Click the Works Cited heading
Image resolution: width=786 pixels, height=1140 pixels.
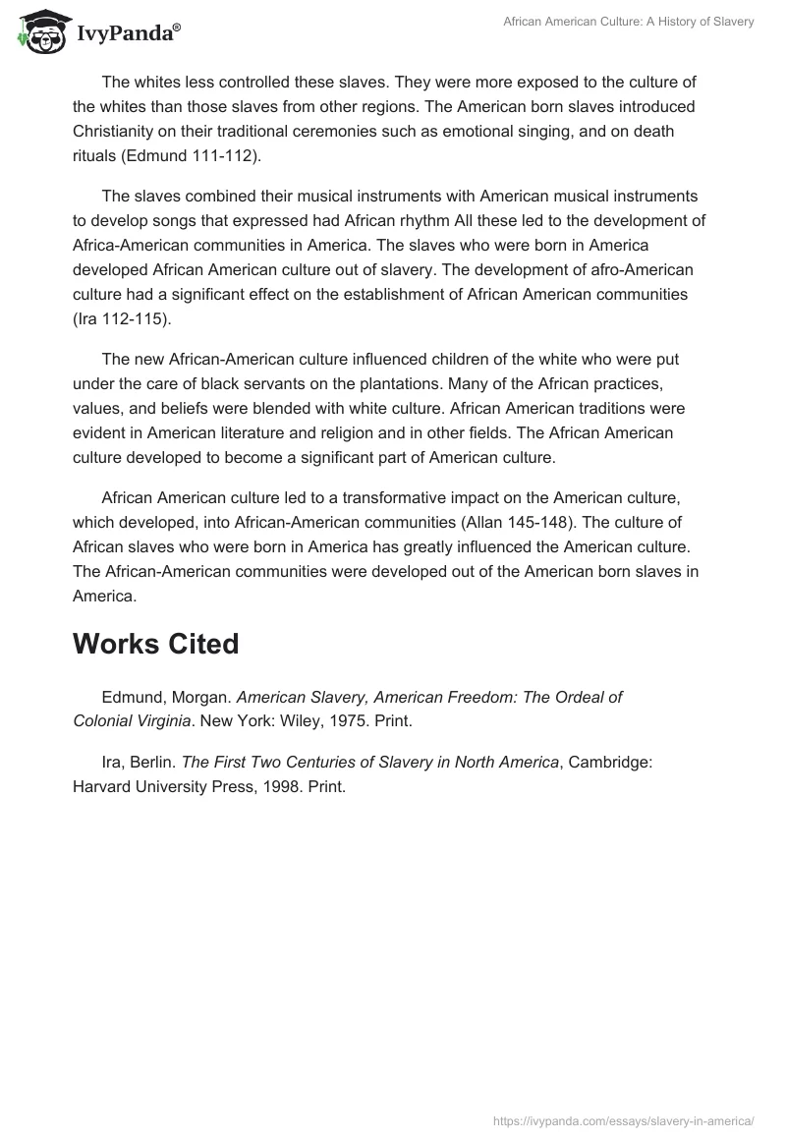tap(155, 644)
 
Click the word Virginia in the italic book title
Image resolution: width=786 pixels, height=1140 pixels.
tap(188, 720)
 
